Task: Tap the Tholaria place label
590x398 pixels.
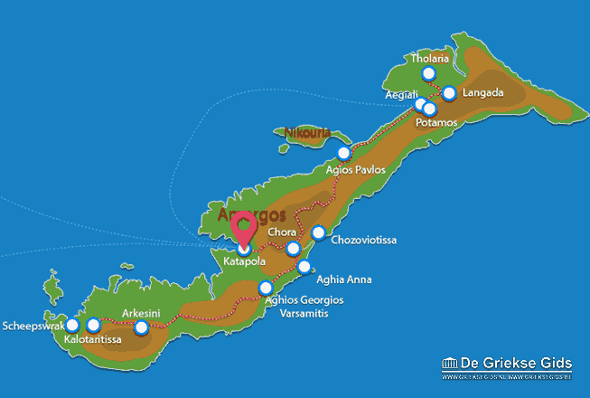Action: (429, 59)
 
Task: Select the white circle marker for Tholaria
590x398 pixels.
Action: (428, 74)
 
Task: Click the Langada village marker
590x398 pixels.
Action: (449, 92)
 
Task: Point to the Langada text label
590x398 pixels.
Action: (483, 92)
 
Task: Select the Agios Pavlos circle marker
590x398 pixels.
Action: (342, 153)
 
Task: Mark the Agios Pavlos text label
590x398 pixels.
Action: (355, 169)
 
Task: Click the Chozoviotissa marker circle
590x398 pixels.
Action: (318, 233)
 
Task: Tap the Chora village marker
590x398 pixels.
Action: (293, 249)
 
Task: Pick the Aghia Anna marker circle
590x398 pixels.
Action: (304, 267)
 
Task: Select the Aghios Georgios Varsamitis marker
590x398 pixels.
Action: (266, 288)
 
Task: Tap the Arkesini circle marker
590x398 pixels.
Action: (141, 327)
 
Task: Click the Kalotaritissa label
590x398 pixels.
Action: (93, 340)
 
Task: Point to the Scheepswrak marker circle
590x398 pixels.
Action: (72, 325)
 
